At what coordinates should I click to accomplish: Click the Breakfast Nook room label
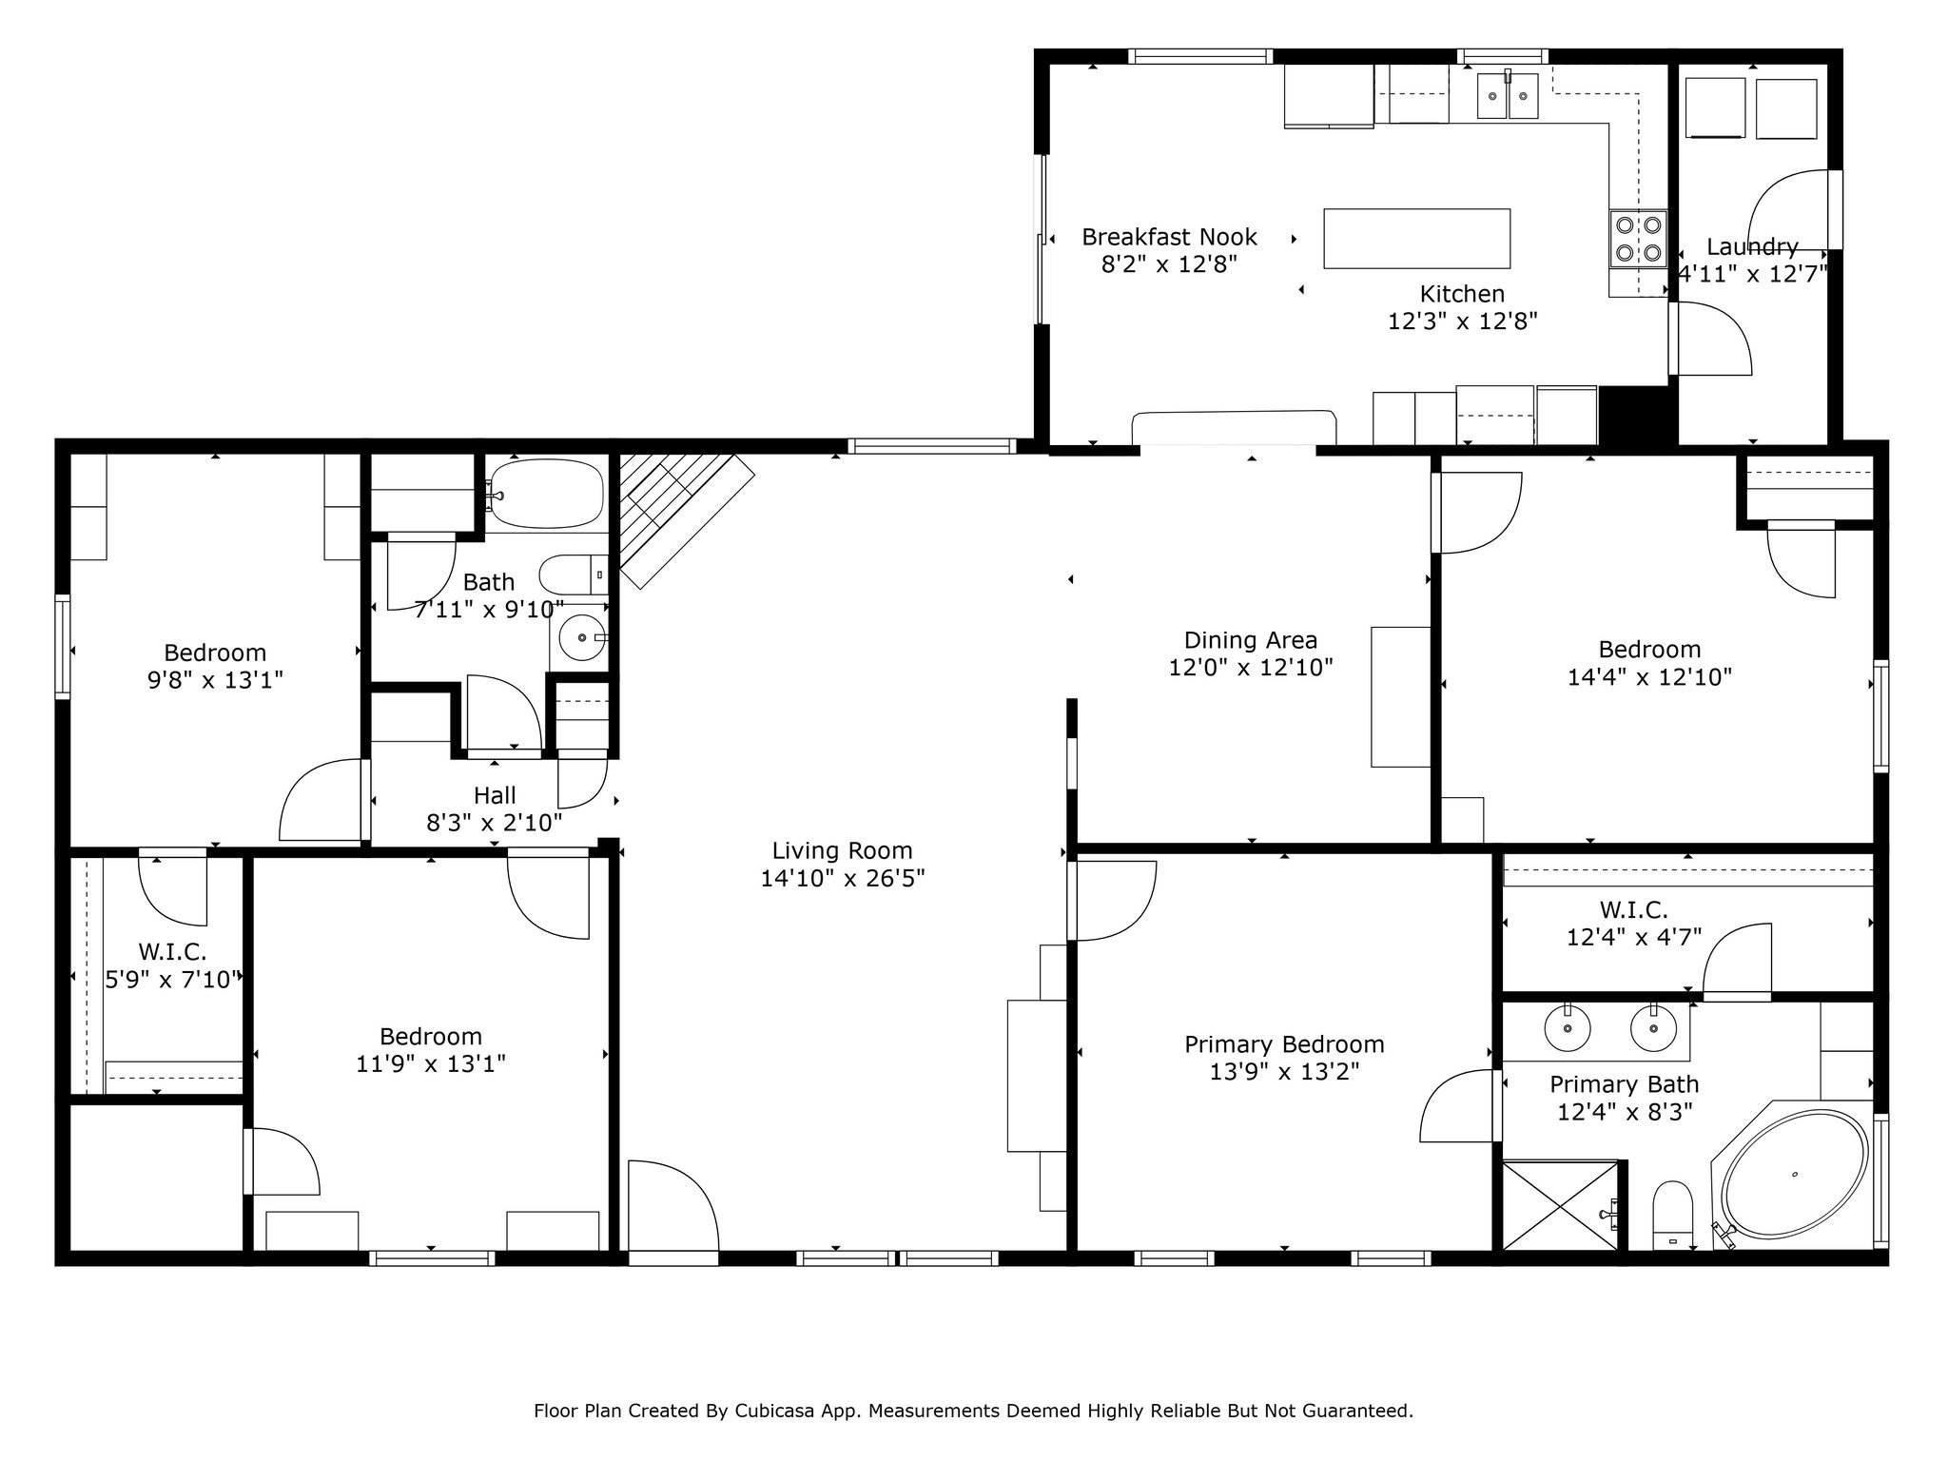pos(1169,237)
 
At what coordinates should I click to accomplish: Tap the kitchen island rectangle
pos(1416,239)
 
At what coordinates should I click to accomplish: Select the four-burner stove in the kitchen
pos(1637,239)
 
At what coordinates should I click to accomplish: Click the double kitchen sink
pos(1507,97)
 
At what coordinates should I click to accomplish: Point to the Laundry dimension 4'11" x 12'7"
pos(1752,274)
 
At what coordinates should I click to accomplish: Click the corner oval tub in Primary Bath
pos(1794,1176)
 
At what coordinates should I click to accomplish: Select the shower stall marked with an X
pos(1559,1205)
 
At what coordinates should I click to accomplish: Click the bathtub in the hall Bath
pos(546,494)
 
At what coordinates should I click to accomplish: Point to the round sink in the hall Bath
pos(581,637)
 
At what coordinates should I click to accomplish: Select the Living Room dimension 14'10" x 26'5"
pos(842,878)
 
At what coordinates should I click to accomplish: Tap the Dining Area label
pos(1250,640)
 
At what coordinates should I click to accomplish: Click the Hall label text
pos(495,795)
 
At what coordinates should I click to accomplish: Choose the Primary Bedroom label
pos(1283,1044)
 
